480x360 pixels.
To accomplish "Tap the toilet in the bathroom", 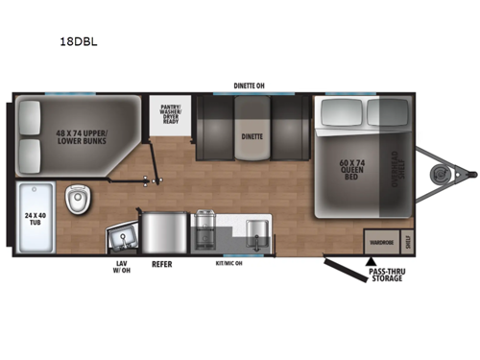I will coord(78,199).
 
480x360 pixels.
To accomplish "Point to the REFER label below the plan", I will coord(161,263).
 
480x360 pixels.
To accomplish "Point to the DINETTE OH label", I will coord(249,84).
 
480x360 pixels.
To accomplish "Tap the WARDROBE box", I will coord(381,242).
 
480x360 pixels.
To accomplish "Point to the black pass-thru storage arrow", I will coord(370,259).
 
